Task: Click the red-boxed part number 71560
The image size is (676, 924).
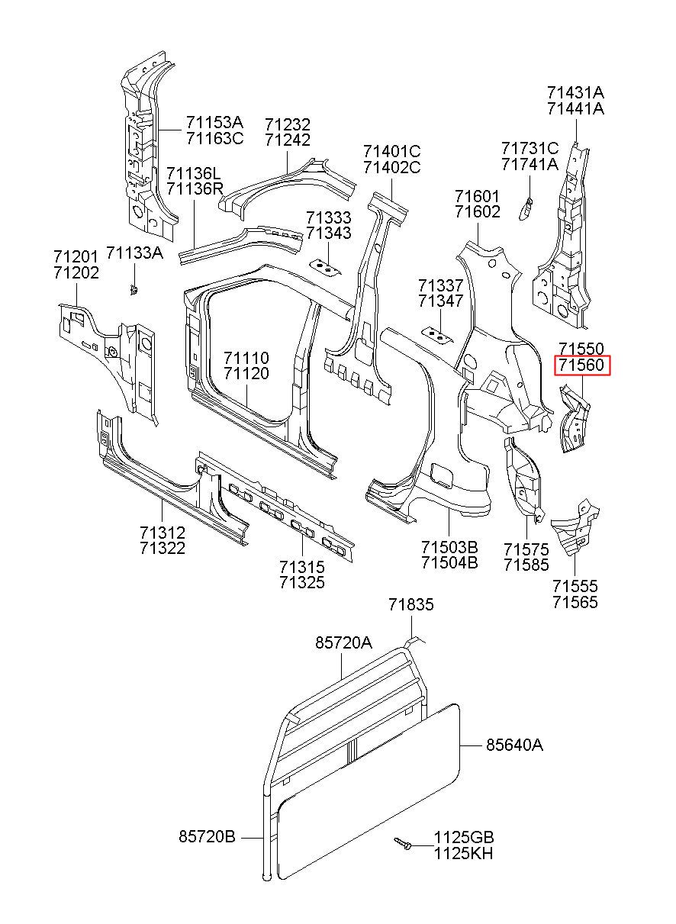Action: pyautogui.click(x=582, y=365)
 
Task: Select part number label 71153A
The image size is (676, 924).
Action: pyautogui.click(x=214, y=123)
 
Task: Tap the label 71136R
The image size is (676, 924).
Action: pyautogui.click(x=195, y=189)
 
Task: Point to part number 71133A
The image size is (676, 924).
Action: pyautogui.click(x=135, y=253)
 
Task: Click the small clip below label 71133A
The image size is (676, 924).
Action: pyautogui.click(x=133, y=290)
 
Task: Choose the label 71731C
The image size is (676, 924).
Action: pyautogui.click(x=530, y=148)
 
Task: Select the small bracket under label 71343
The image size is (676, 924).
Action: pyautogui.click(x=326, y=267)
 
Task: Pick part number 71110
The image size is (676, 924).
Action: pyautogui.click(x=246, y=358)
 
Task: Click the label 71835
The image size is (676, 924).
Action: pyautogui.click(x=410, y=605)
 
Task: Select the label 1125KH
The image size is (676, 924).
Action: pyautogui.click(x=463, y=853)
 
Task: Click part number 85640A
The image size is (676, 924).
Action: pyautogui.click(x=515, y=745)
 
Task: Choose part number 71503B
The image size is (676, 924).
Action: pyautogui.click(x=449, y=547)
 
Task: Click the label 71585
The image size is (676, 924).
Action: pyautogui.click(x=526, y=565)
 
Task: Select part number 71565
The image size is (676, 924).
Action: pyautogui.click(x=575, y=602)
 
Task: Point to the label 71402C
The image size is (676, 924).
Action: pyautogui.click(x=392, y=167)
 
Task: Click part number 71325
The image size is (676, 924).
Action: pyautogui.click(x=302, y=582)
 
